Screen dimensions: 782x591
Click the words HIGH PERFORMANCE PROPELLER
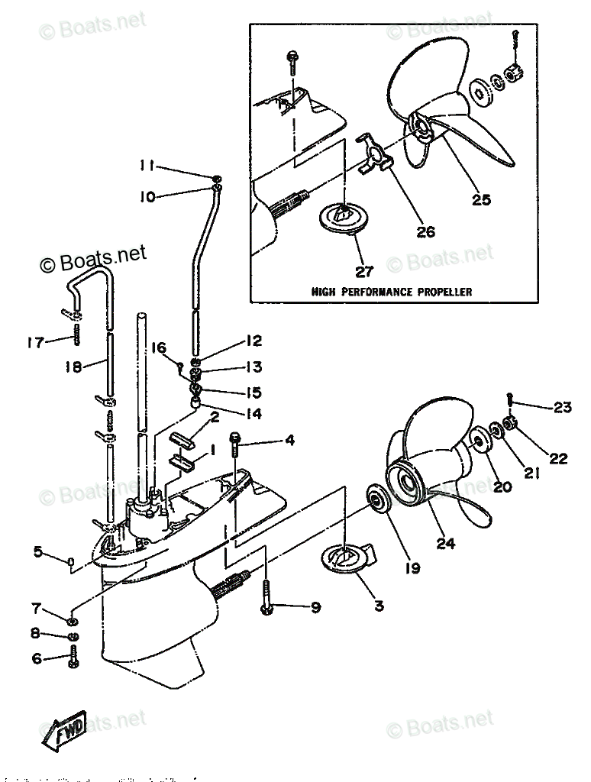coord(391,292)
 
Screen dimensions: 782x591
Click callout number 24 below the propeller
coord(446,544)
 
